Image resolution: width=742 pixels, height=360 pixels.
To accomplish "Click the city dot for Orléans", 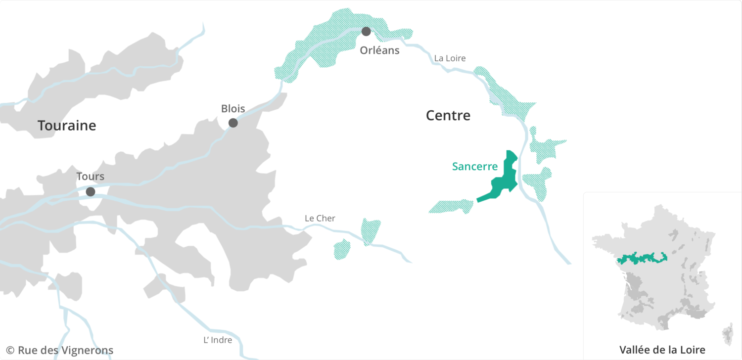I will pyautogui.click(x=366, y=32).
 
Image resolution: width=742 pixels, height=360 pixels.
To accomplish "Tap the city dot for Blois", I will pyautogui.click(x=233, y=123).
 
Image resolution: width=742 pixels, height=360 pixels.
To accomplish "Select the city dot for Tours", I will pyautogui.click(x=91, y=191).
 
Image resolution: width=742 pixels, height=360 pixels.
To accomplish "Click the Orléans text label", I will pyautogui.click(x=379, y=50).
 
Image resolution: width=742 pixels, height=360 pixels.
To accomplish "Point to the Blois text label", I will pyautogui.click(x=233, y=109).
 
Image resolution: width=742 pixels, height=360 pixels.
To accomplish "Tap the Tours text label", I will pyautogui.click(x=91, y=177).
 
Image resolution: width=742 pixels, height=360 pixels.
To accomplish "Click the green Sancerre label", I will pyautogui.click(x=475, y=167).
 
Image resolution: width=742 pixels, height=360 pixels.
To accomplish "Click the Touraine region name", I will pyautogui.click(x=67, y=126).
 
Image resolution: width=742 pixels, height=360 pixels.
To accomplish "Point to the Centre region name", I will pyautogui.click(x=448, y=116).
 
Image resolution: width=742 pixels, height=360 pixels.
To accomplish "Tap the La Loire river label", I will pyautogui.click(x=450, y=58).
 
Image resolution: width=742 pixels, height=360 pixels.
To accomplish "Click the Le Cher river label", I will pyautogui.click(x=320, y=218).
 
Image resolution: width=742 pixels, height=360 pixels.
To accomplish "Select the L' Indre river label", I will pyautogui.click(x=218, y=340).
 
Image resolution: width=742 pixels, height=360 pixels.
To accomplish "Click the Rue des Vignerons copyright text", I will pyautogui.click(x=60, y=351).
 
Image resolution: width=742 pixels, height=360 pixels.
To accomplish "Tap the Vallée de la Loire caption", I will pyautogui.click(x=662, y=350).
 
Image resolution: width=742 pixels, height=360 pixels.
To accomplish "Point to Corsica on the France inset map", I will pyautogui.click(x=727, y=334).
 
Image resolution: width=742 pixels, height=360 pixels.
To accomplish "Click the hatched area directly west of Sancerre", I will pyautogui.click(x=452, y=206).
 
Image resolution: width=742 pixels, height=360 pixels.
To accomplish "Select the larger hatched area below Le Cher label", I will pyautogui.click(x=371, y=230).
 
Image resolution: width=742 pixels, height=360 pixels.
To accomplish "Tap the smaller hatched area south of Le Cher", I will pyautogui.click(x=342, y=249).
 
